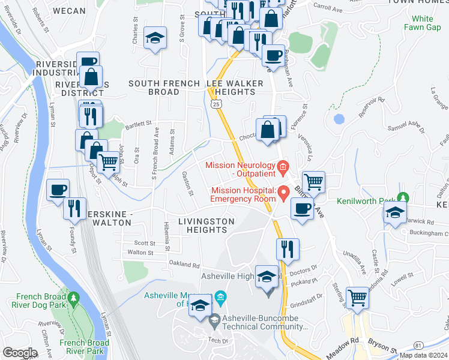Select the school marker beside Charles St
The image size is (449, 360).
155,39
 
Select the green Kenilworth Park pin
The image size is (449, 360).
404,197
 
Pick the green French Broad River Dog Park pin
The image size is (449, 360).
74,297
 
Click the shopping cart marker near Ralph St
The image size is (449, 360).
108,162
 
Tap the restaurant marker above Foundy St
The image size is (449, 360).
74,208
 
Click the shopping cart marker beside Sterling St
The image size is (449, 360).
357,296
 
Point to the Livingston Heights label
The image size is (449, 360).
206,226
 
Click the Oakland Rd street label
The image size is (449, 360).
184,264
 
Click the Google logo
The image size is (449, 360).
20,352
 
